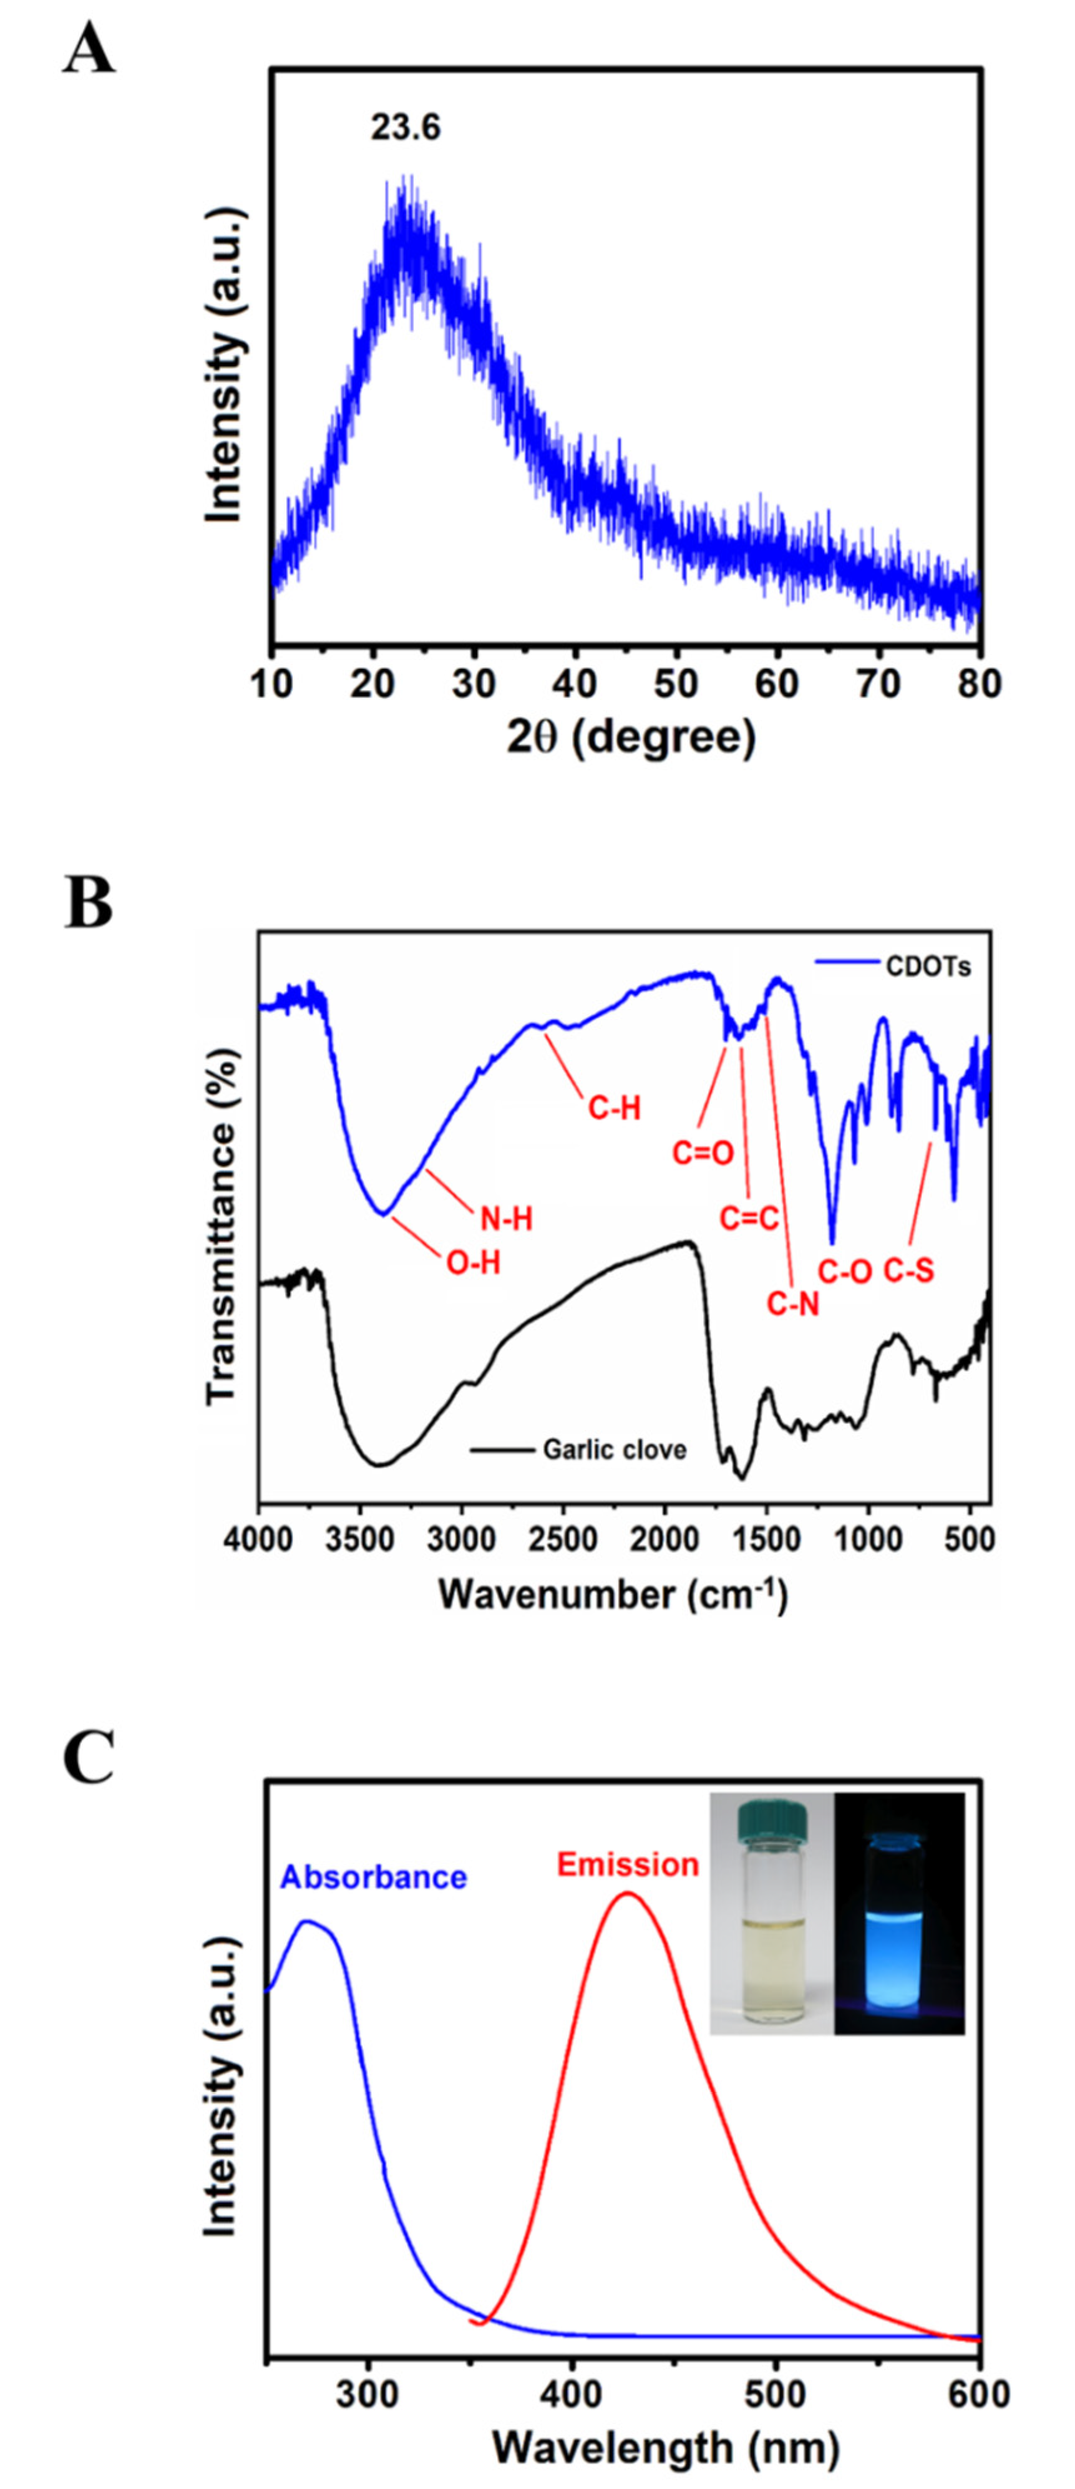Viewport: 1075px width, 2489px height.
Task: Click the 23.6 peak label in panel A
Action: tap(406, 127)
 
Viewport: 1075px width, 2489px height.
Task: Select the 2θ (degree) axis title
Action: tap(631, 739)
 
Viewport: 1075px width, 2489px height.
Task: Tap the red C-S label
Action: tap(909, 1270)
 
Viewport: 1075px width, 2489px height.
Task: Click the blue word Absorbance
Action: tap(374, 1878)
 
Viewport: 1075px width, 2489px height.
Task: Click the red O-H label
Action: tap(474, 1262)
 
